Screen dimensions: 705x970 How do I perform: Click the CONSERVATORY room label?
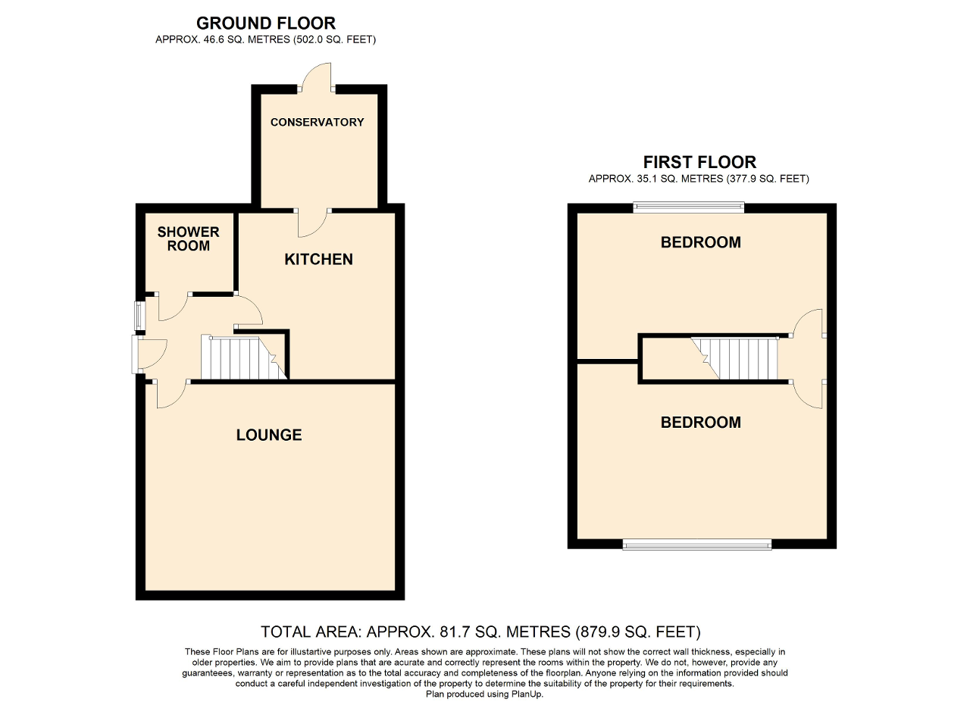[x=317, y=122]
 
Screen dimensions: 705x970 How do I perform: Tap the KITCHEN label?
[x=318, y=259]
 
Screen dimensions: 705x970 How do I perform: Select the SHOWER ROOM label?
[x=188, y=239]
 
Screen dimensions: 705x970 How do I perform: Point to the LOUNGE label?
[x=269, y=435]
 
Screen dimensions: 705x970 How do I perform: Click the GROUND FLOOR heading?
[x=265, y=23]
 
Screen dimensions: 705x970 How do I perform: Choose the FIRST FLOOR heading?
[x=699, y=161]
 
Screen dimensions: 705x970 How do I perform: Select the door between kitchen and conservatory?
[x=312, y=220]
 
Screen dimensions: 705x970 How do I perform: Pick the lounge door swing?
[x=172, y=393]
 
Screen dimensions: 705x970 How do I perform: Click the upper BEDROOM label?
[x=700, y=242]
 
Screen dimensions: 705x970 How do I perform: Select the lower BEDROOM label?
[x=700, y=422]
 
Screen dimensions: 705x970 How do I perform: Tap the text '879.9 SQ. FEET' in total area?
[x=637, y=632]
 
